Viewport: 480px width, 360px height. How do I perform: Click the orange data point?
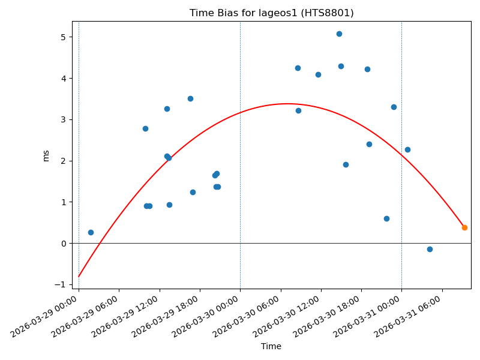coord(464,227)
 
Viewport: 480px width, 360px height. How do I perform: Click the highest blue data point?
coord(339,34)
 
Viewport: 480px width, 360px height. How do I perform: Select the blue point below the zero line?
coord(430,249)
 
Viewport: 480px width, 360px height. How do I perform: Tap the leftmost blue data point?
coord(91,232)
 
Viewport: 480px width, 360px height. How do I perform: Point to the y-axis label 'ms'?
coord(46,155)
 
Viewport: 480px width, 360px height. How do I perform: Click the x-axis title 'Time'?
coord(271,346)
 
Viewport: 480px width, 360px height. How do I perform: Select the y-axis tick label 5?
coord(62,37)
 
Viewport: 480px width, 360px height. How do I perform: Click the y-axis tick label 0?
coord(62,243)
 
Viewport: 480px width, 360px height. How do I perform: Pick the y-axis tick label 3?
coord(62,119)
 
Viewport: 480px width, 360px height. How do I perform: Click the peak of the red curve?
coord(287,104)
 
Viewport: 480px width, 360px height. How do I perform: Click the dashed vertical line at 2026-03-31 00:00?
coord(401,180)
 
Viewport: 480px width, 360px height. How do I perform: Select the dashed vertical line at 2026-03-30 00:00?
coord(240,180)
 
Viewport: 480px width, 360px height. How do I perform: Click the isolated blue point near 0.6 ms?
coord(386,218)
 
